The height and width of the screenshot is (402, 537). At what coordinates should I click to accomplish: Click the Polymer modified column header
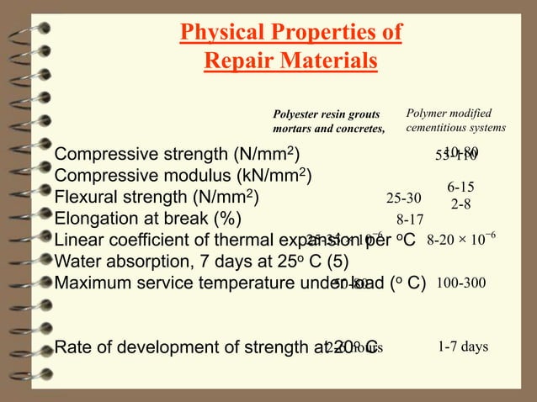click(x=455, y=120)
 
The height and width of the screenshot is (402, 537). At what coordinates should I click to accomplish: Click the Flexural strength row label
click(x=157, y=198)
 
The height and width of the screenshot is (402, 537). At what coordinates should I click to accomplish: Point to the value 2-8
click(x=460, y=204)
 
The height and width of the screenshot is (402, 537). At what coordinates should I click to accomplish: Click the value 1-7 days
click(x=463, y=346)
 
